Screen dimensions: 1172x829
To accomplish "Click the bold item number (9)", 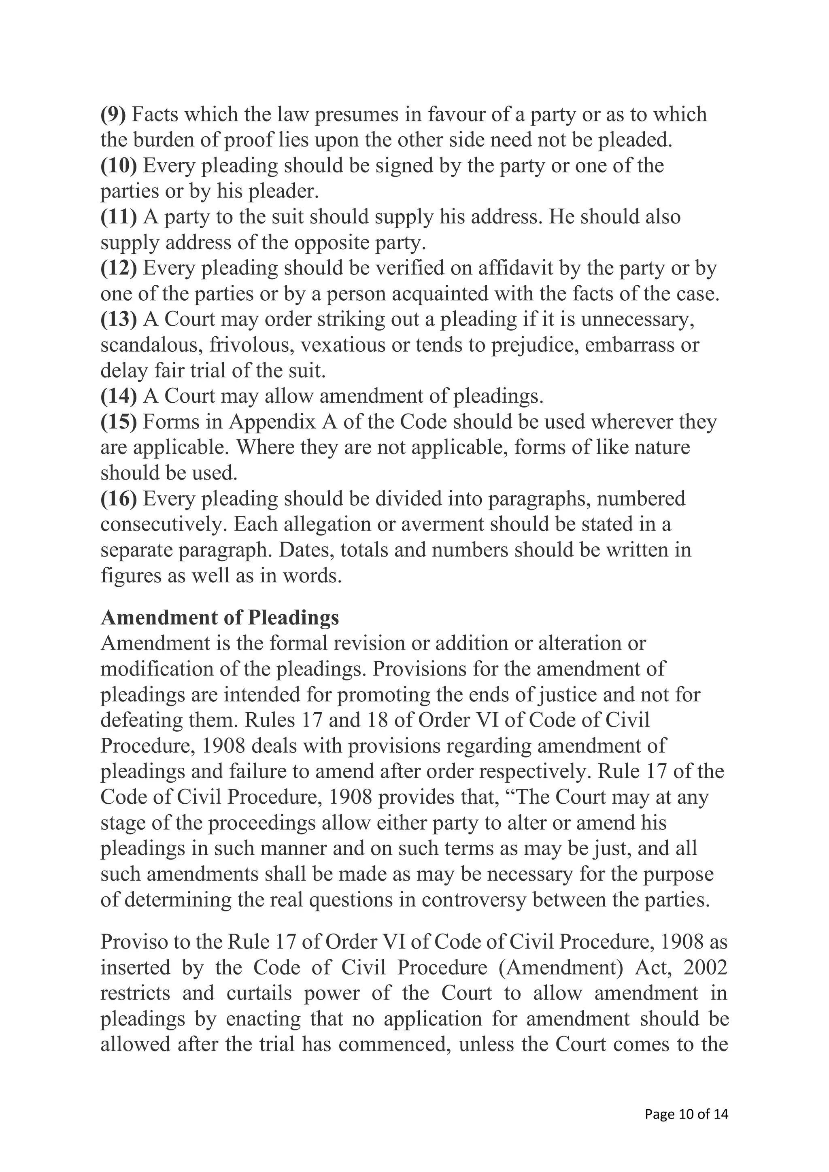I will pyautogui.click(x=113, y=115).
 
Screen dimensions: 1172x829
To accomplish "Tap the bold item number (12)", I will pyautogui.click(x=119, y=268).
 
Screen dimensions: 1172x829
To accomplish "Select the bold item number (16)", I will pyautogui.click(x=119, y=498).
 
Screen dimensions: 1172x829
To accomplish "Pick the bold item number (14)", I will pyautogui.click(x=119, y=396).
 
